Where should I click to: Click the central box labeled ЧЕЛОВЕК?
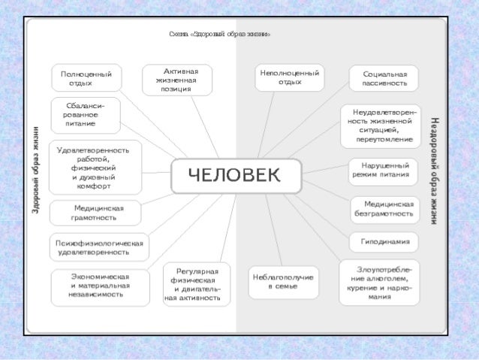(x=236, y=176)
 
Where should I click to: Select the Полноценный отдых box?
(x=86, y=79)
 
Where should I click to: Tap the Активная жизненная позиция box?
(x=177, y=79)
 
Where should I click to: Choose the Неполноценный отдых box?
(x=289, y=77)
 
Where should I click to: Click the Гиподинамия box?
(x=384, y=242)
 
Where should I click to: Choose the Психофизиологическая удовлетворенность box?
(x=98, y=248)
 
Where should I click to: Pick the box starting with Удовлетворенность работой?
(x=95, y=168)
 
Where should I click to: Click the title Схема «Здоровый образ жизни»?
(x=219, y=35)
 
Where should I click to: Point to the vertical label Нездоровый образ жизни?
(x=435, y=171)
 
